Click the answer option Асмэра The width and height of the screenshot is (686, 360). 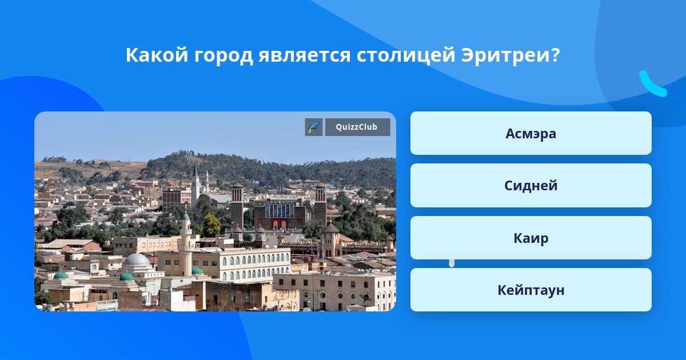click(531, 133)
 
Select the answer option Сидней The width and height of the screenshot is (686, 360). click(531, 186)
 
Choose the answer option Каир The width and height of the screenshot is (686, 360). click(531, 238)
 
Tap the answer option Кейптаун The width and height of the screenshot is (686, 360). click(531, 290)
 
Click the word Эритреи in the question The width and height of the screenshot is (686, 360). click(505, 55)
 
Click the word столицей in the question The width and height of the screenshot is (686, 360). click(406, 56)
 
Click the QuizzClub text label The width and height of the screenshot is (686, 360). click(357, 127)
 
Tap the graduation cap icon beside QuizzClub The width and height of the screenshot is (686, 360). click(314, 127)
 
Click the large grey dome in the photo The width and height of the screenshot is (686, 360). click(137, 260)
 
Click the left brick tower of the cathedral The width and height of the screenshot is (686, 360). click(237, 206)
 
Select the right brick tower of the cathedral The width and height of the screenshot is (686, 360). click(320, 203)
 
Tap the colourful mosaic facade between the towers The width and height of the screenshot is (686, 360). click(280, 211)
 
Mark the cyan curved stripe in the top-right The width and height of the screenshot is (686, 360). click(652, 85)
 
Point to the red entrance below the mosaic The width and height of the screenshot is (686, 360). click(280, 224)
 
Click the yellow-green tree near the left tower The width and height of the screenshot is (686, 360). click(212, 226)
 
